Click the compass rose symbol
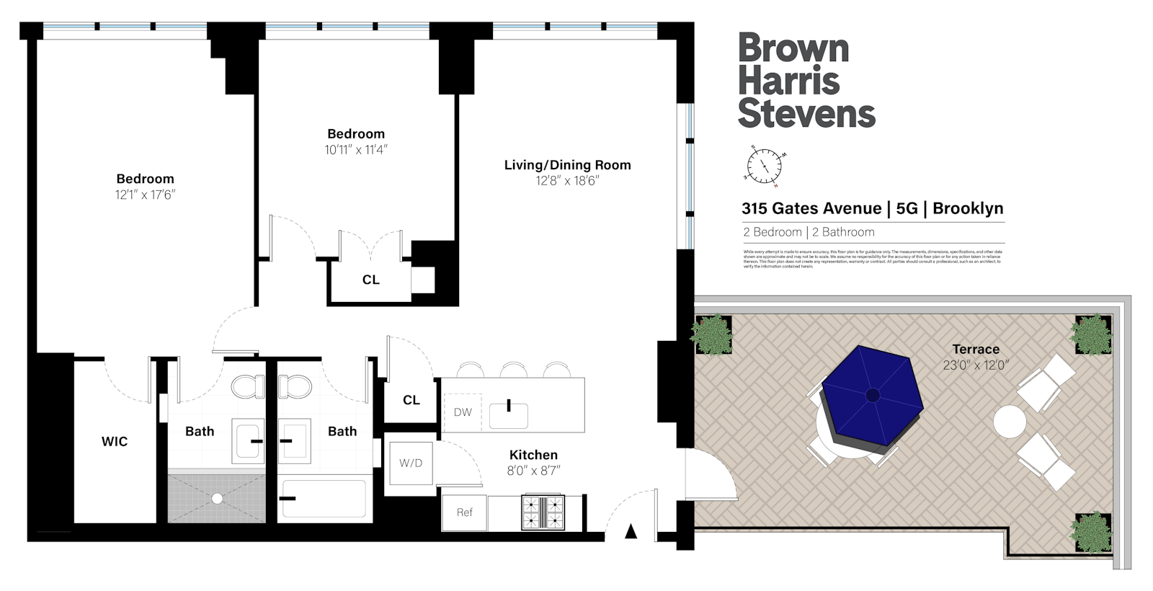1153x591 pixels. [764, 166]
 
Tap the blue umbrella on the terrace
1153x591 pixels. [873, 396]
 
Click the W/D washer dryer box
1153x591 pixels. [411, 463]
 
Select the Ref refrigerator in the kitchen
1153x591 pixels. [465, 512]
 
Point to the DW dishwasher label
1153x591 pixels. [463, 412]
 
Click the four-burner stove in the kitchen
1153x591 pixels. [543, 512]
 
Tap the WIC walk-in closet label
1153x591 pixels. [115, 442]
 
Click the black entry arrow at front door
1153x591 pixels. [631, 532]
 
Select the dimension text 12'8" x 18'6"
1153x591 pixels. [567, 181]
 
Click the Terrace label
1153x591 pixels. [975, 349]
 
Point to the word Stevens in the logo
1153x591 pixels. [806, 114]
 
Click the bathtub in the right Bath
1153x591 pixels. [324, 498]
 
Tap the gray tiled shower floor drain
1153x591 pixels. [216, 497]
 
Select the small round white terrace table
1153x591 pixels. [1009, 421]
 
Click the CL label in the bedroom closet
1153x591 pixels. [370, 280]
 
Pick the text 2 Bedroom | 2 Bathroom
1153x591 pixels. [809, 232]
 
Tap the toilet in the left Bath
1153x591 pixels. [247, 386]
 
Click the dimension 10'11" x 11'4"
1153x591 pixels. [356, 150]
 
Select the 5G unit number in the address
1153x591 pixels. [907, 209]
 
